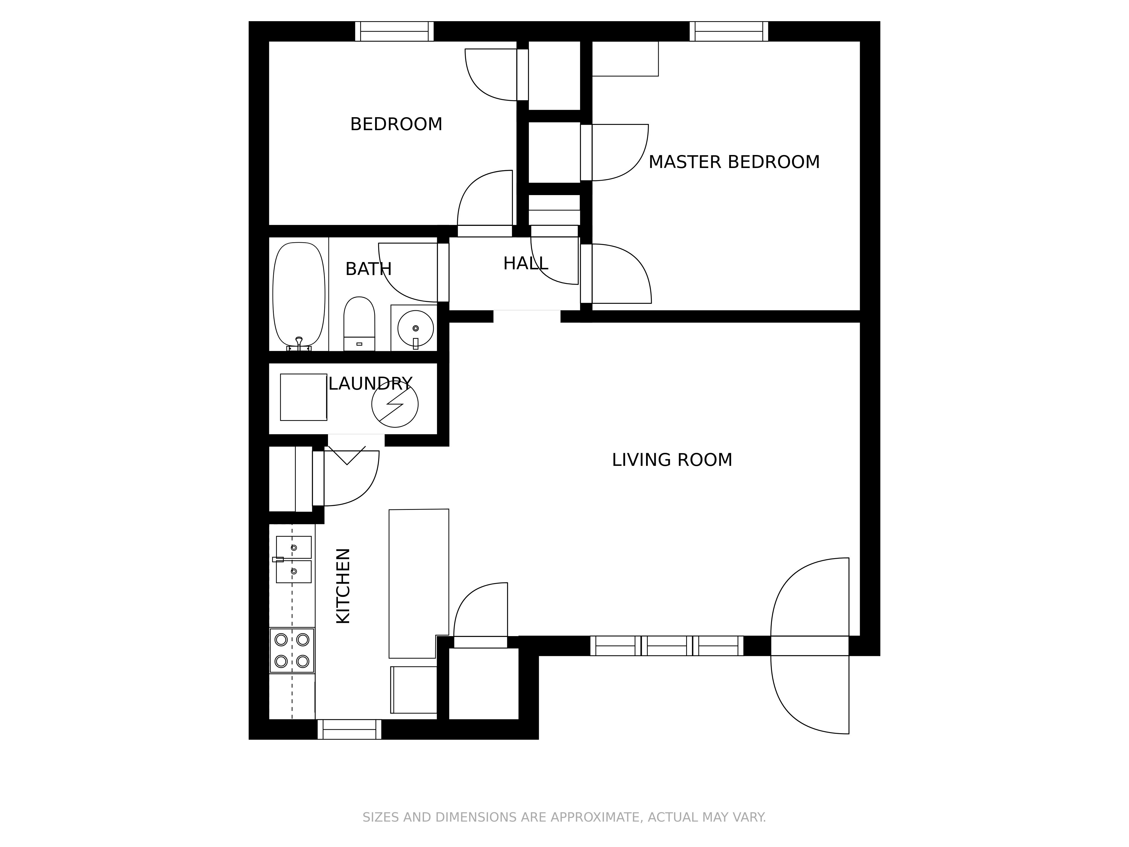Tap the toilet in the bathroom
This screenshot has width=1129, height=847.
pyautogui.click(x=359, y=324)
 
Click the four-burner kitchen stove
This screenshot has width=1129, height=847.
pyautogui.click(x=292, y=650)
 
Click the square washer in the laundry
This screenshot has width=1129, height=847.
pyautogui.click(x=304, y=397)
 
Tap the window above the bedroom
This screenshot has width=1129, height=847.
pyautogui.click(x=395, y=31)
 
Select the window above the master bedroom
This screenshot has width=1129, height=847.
pyautogui.click(x=729, y=31)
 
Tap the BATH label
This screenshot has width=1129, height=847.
pyautogui.click(x=369, y=269)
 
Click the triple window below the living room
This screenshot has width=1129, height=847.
pyautogui.click(x=667, y=646)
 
